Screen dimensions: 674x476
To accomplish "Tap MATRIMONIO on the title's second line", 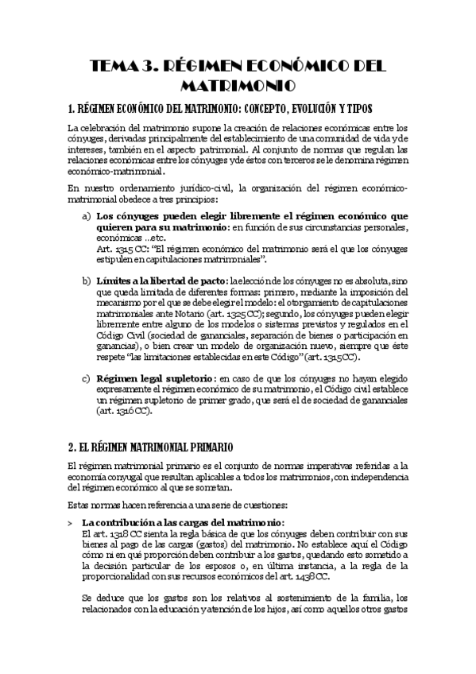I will click(x=238, y=85).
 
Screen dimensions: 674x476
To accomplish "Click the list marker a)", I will click(x=86, y=216).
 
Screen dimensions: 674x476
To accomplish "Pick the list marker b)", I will click(x=86, y=281).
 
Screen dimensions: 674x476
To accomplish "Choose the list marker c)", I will click(x=86, y=379).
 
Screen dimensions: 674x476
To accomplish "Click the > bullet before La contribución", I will click(x=71, y=521).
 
